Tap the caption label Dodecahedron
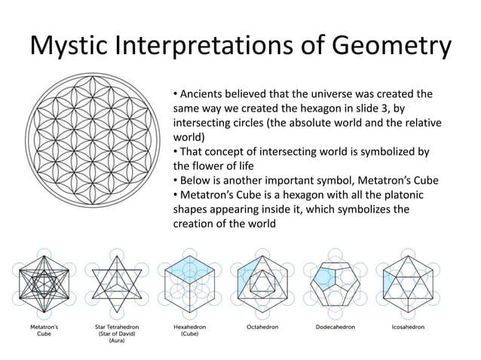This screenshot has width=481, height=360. tap(335, 328)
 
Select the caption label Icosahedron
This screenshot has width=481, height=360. tap(408, 328)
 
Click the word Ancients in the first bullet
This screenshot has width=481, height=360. tap(203, 95)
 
